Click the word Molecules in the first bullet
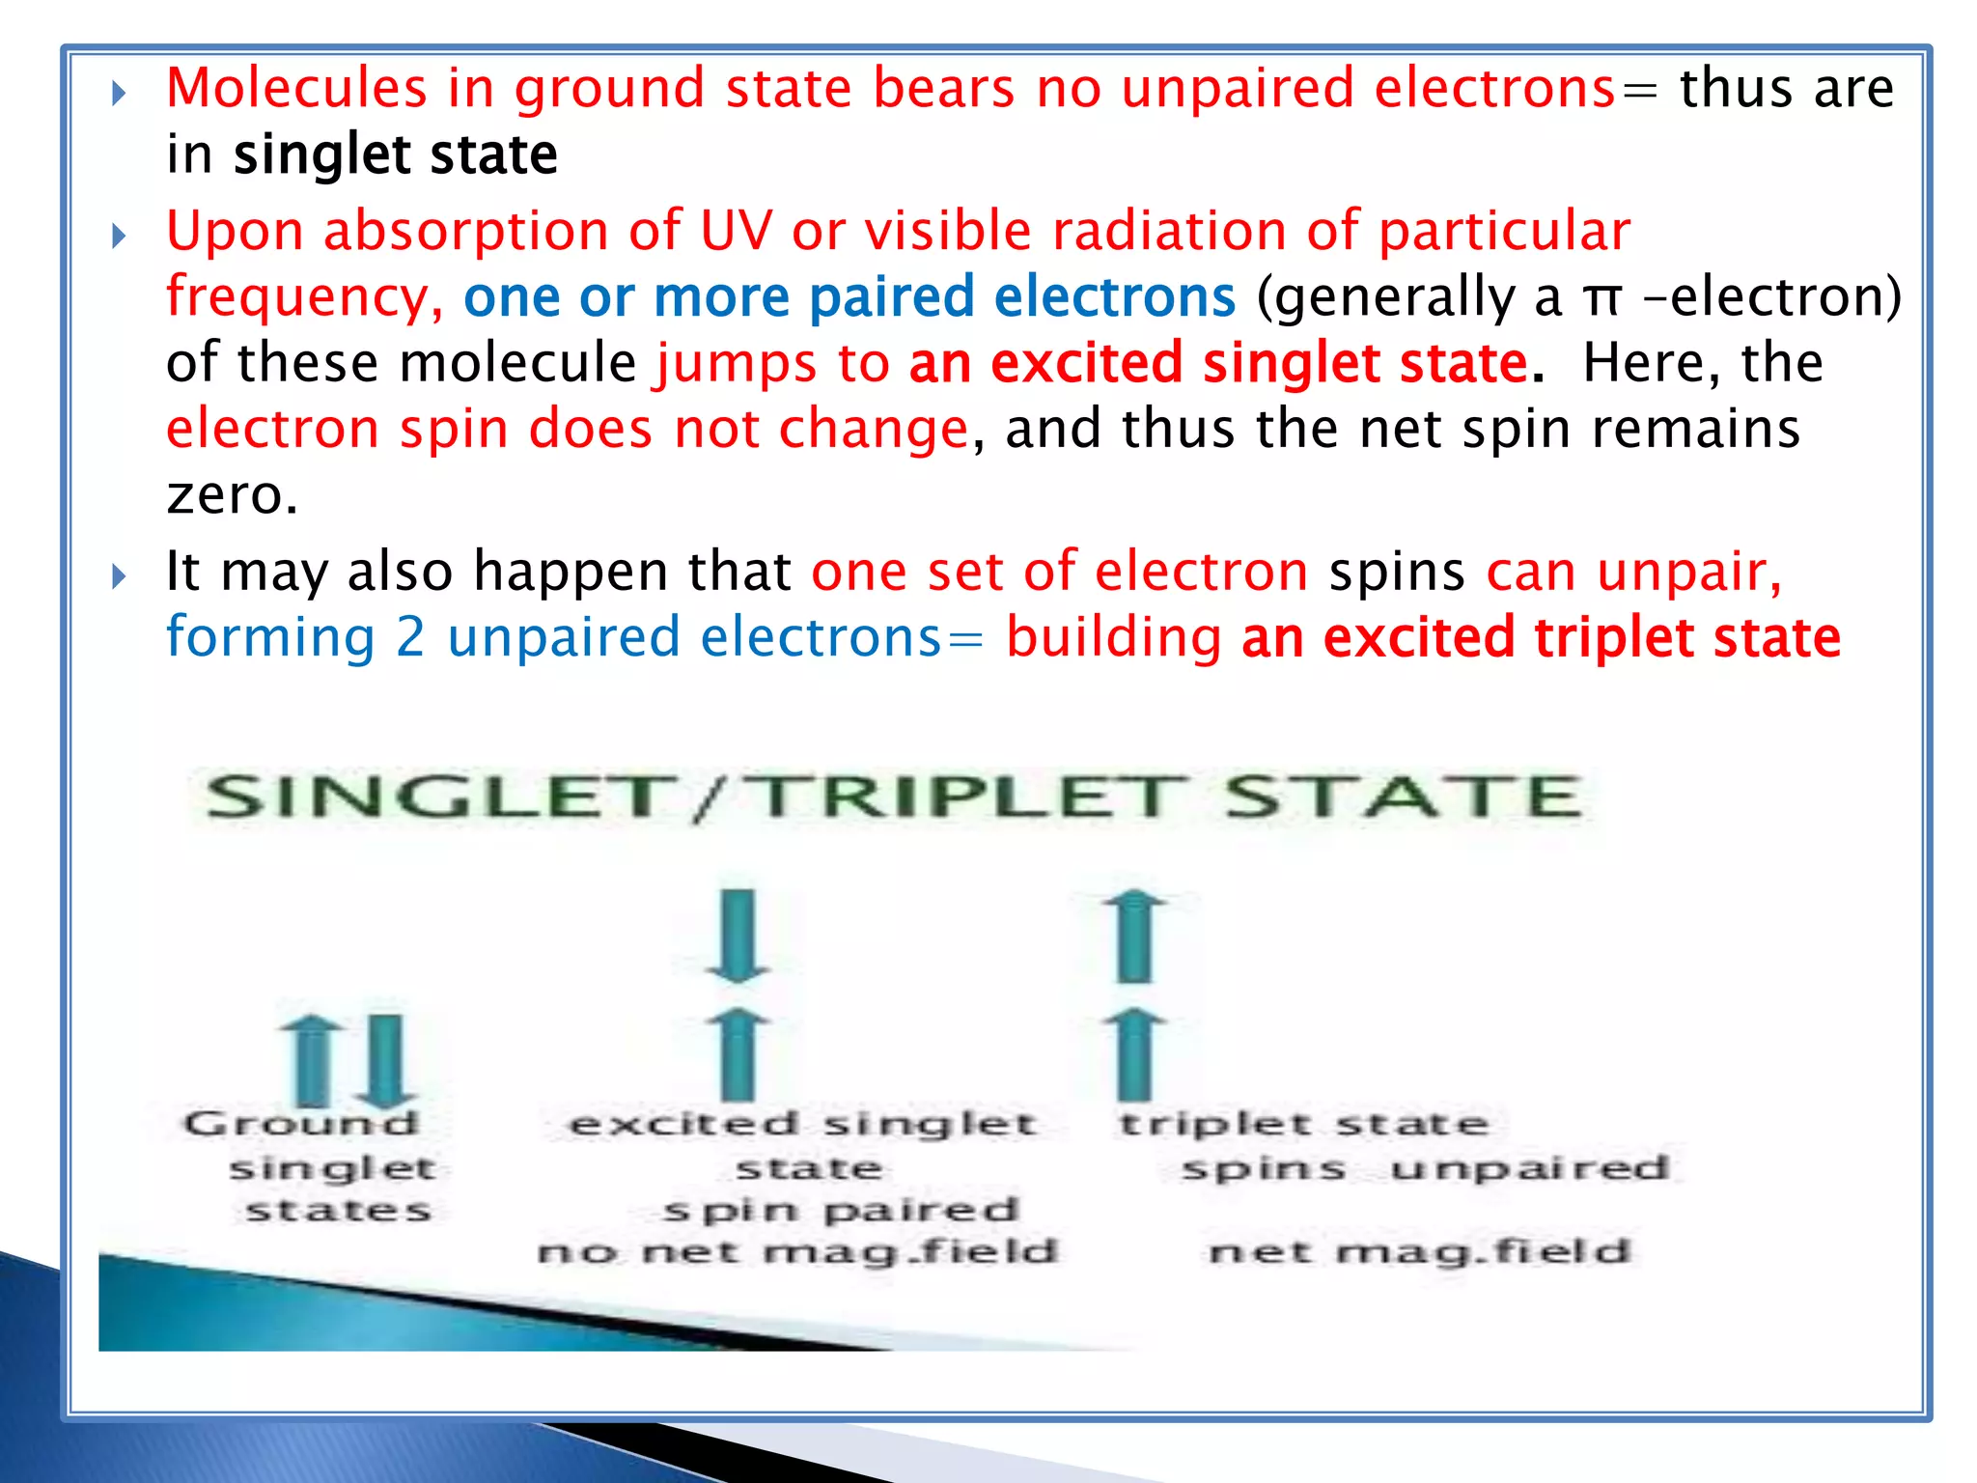click(296, 88)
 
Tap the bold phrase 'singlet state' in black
click(396, 154)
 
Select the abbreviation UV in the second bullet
click(737, 231)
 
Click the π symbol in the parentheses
click(1601, 297)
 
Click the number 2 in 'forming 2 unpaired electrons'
click(410, 637)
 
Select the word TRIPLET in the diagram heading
click(965, 797)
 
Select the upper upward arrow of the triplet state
click(1135, 937)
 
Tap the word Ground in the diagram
click(300, 1123)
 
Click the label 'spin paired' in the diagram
click(841, 1211)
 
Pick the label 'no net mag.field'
click(798, 1252)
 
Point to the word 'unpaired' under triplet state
click(1530, 1168)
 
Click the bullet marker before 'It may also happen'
click(119, 576)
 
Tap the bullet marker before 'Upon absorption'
click(119, 236)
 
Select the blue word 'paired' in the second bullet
click(891, 297)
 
